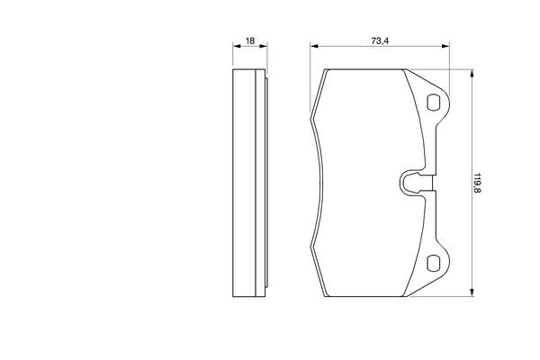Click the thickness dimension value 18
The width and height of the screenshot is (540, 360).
(x=250, y=41)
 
